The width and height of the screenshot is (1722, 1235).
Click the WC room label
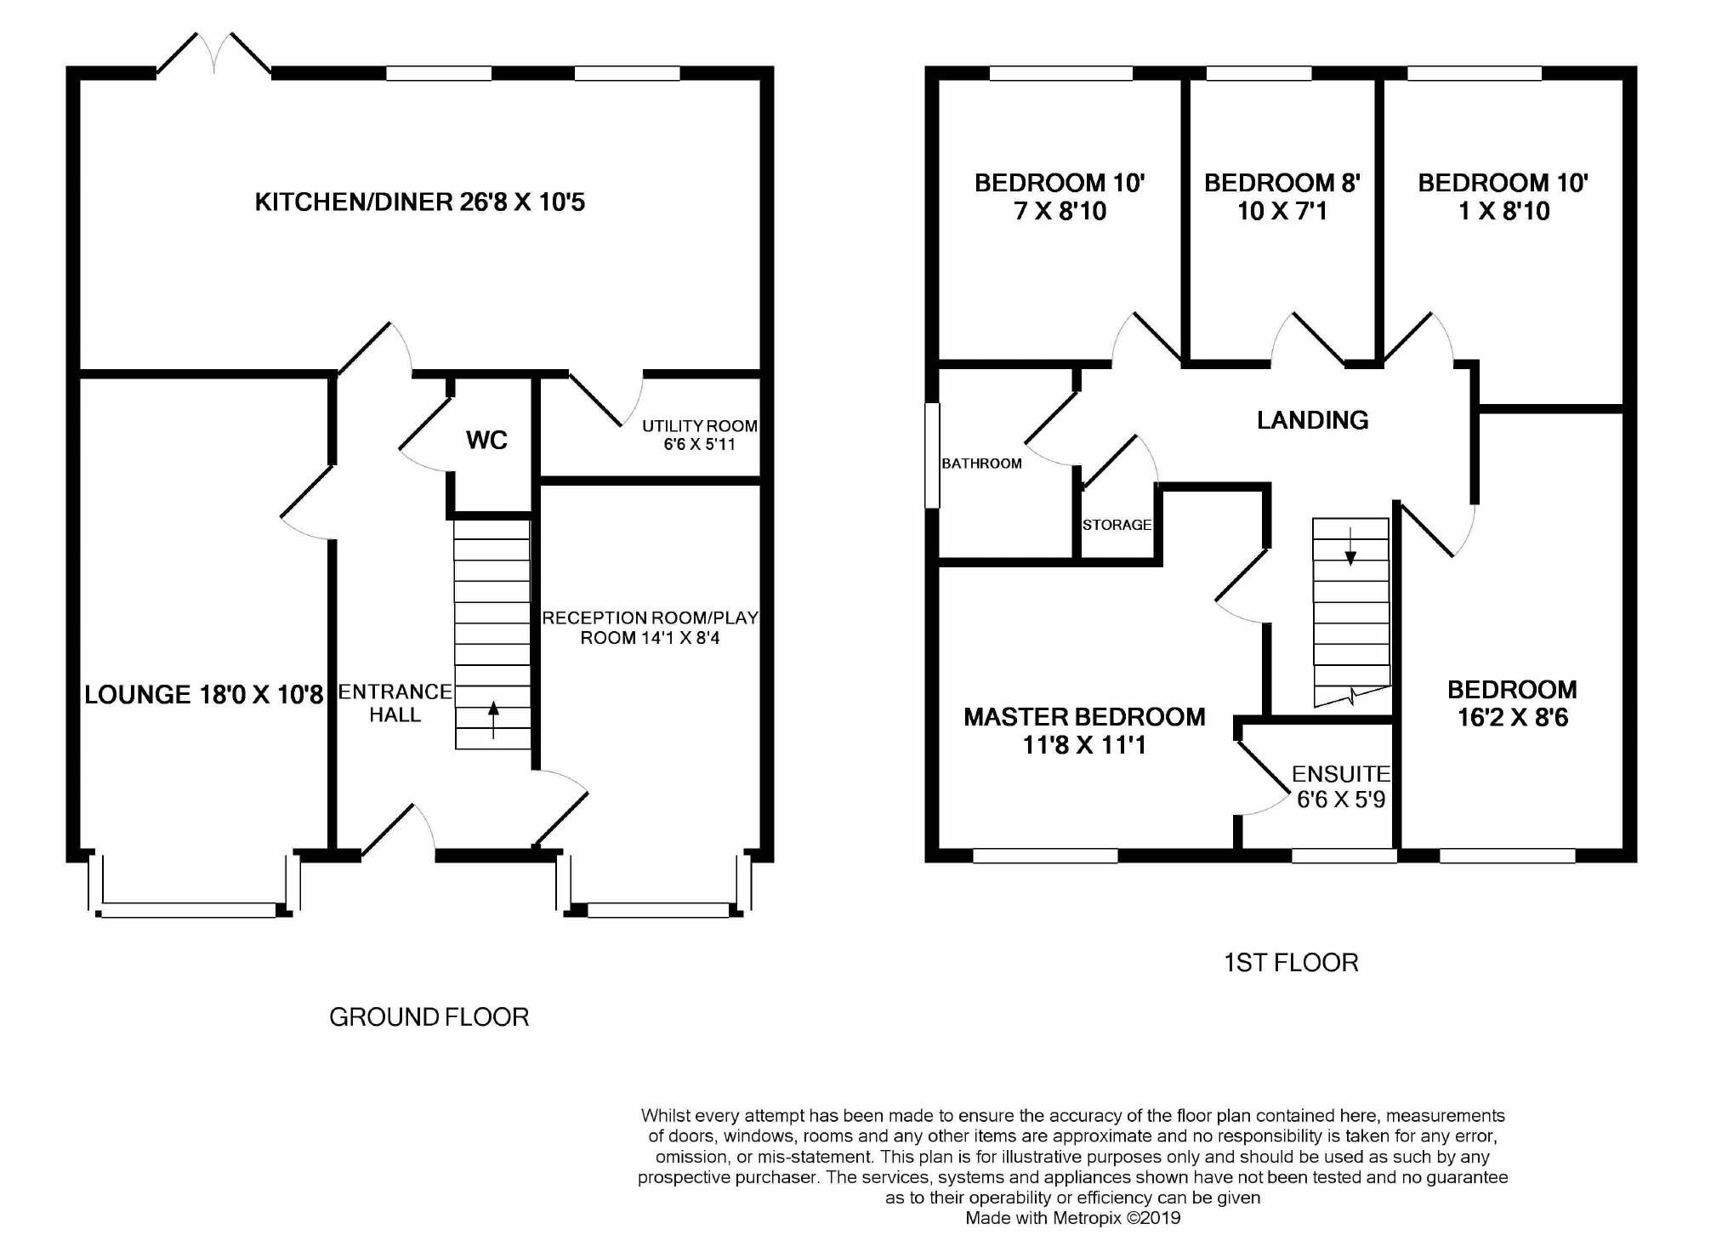click(x=486, y=440)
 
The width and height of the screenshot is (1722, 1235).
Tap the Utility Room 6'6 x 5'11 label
click(x=700, y=435)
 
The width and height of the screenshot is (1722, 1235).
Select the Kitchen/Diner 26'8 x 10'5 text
click(x=420, y=202)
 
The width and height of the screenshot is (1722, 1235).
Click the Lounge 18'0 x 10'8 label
click(x=204, y=695)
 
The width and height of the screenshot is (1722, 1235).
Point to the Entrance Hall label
click(x=395, y=703)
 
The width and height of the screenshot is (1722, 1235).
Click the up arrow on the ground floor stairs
click(x=493, y=720)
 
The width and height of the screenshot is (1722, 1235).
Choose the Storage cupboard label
click(x=1117, y=525)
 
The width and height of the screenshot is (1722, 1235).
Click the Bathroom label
click(x=981, y=464)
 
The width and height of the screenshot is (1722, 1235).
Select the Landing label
click(x=1313, y=420)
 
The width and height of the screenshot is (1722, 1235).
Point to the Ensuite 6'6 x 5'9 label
click(x=1341, y=787)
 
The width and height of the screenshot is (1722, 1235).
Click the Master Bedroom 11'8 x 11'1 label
click(x=1084, y=731)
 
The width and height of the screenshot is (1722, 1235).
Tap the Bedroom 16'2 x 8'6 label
click(x=1513, y=703)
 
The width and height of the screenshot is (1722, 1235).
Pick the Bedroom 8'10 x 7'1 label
click(x=1282, y=196)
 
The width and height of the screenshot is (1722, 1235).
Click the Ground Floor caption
click(x=429, y=1017)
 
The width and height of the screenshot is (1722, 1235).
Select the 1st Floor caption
click(x=1291, y=963)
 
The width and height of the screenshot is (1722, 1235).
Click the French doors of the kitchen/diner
click(x=214, y=54)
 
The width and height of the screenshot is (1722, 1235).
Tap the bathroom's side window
click(x=932, y=455)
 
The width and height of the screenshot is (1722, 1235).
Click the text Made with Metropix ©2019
click(x=1073, y=1218)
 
